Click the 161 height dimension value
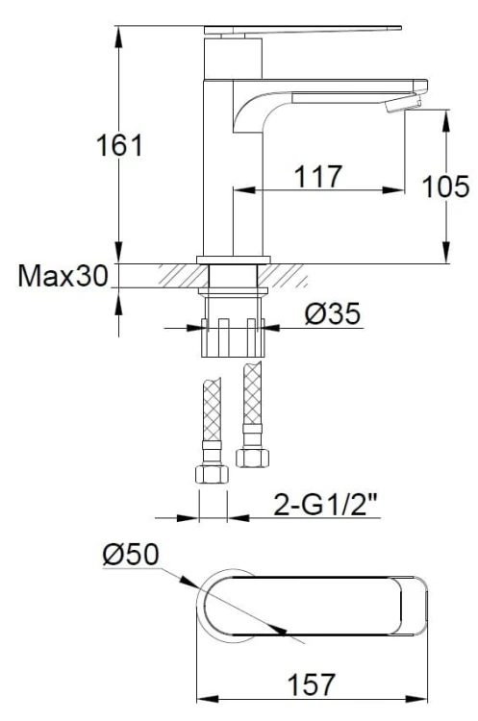pyautogui.click(x=120, y=147)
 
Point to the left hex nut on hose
pyautogui.click(x=212, y=475)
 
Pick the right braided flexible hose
pyautogui.click(x=252, y=399)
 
